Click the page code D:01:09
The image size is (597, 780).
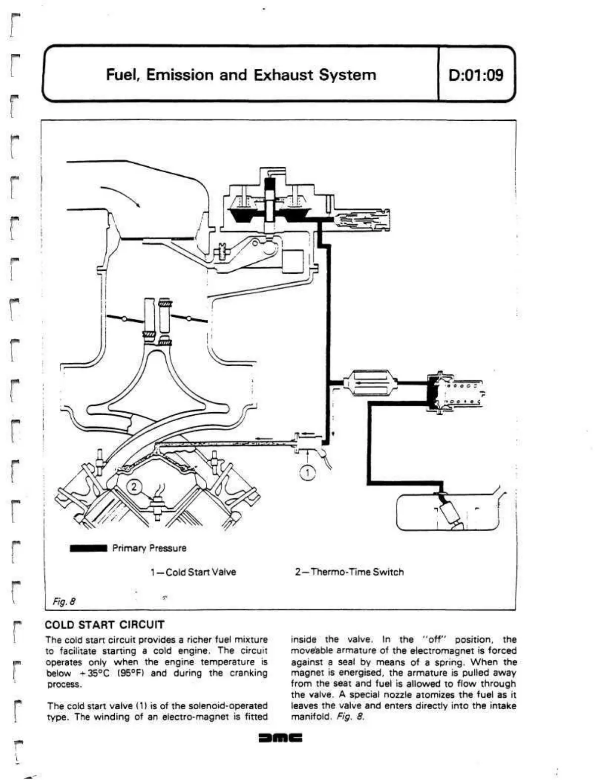click(475, 75)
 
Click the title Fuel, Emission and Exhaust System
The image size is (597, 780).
click(241, 75)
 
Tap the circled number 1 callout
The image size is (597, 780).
click(308, 473)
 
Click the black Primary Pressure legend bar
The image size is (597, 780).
click(89, 548)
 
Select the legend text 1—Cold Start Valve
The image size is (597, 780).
click(193, 572)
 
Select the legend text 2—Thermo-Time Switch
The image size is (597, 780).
click(349, 572)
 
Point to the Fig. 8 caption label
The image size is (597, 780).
click(64, 602)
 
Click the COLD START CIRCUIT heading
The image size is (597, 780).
click(104, 625)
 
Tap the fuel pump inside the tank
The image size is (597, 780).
click(451, 512)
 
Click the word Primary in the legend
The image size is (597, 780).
click(129, 548)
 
